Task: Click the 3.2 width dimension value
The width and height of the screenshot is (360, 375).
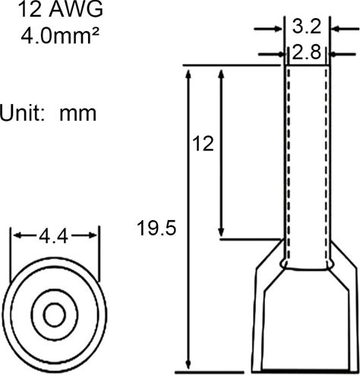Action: pyautogui.click(x=307, y=27)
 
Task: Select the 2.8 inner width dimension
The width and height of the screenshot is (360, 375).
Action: pyautogui.click(x=307, y=53)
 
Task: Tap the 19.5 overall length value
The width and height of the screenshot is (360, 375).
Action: pyautogui.click(x=156, y=228)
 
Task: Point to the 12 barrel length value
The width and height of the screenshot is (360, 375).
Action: pyautogui.click(x=203, y=143)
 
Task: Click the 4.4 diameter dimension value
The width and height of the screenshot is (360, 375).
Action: pyautogui.click(x=54, y=236)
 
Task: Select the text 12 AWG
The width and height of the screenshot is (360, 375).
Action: pyautogui.click(x=61, y=10)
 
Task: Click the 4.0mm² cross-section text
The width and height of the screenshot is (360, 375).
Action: pyautogui.click(x=59, y=36)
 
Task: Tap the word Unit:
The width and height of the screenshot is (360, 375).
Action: pyautogui.click(x=22, y=113)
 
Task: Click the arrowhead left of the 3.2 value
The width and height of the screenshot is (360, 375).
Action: pyautogui.click(x=278, y=29)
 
